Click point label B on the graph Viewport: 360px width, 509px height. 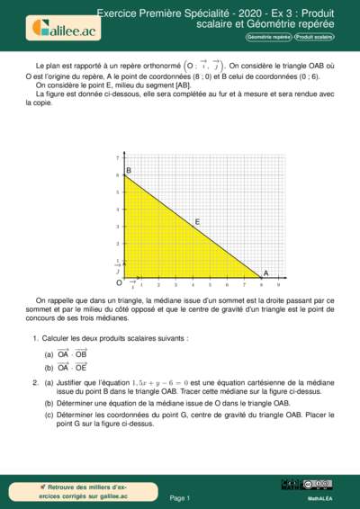[x=129, y=171]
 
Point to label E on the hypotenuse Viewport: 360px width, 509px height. [x=197, y=220]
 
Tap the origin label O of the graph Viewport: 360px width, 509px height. [x=118, y=282]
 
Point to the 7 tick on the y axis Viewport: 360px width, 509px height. [x=118, y=158]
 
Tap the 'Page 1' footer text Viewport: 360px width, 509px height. [x=180, y=497]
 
